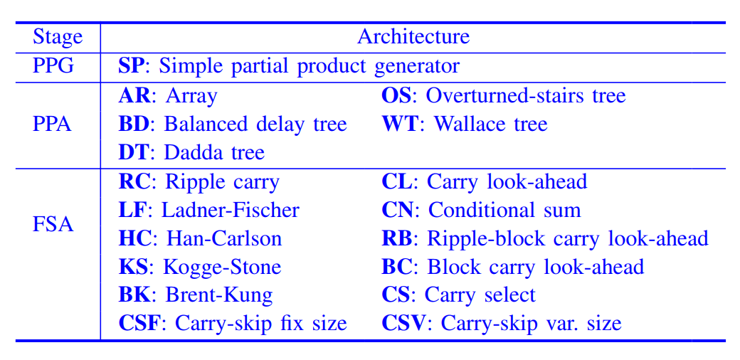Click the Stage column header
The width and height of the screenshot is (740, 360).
coord(58,37)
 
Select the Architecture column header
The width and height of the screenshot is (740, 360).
coord(413,37)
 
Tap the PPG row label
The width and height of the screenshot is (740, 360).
coord(58,66)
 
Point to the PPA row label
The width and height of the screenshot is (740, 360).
coord(58,124)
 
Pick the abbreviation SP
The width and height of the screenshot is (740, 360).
coord(130,66)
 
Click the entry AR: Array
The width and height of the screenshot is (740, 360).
coord(168,95)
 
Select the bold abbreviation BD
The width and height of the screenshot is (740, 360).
coord(134,124)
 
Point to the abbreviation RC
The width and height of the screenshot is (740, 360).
coord(134,181)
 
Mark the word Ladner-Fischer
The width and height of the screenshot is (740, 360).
coord(231,210)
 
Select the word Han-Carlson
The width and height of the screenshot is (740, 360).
coord(224,238)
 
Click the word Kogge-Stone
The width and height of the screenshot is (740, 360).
coord(222,267)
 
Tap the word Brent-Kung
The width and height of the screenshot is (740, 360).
coord(218,295)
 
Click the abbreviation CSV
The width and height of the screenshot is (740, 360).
coord(404,324)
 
